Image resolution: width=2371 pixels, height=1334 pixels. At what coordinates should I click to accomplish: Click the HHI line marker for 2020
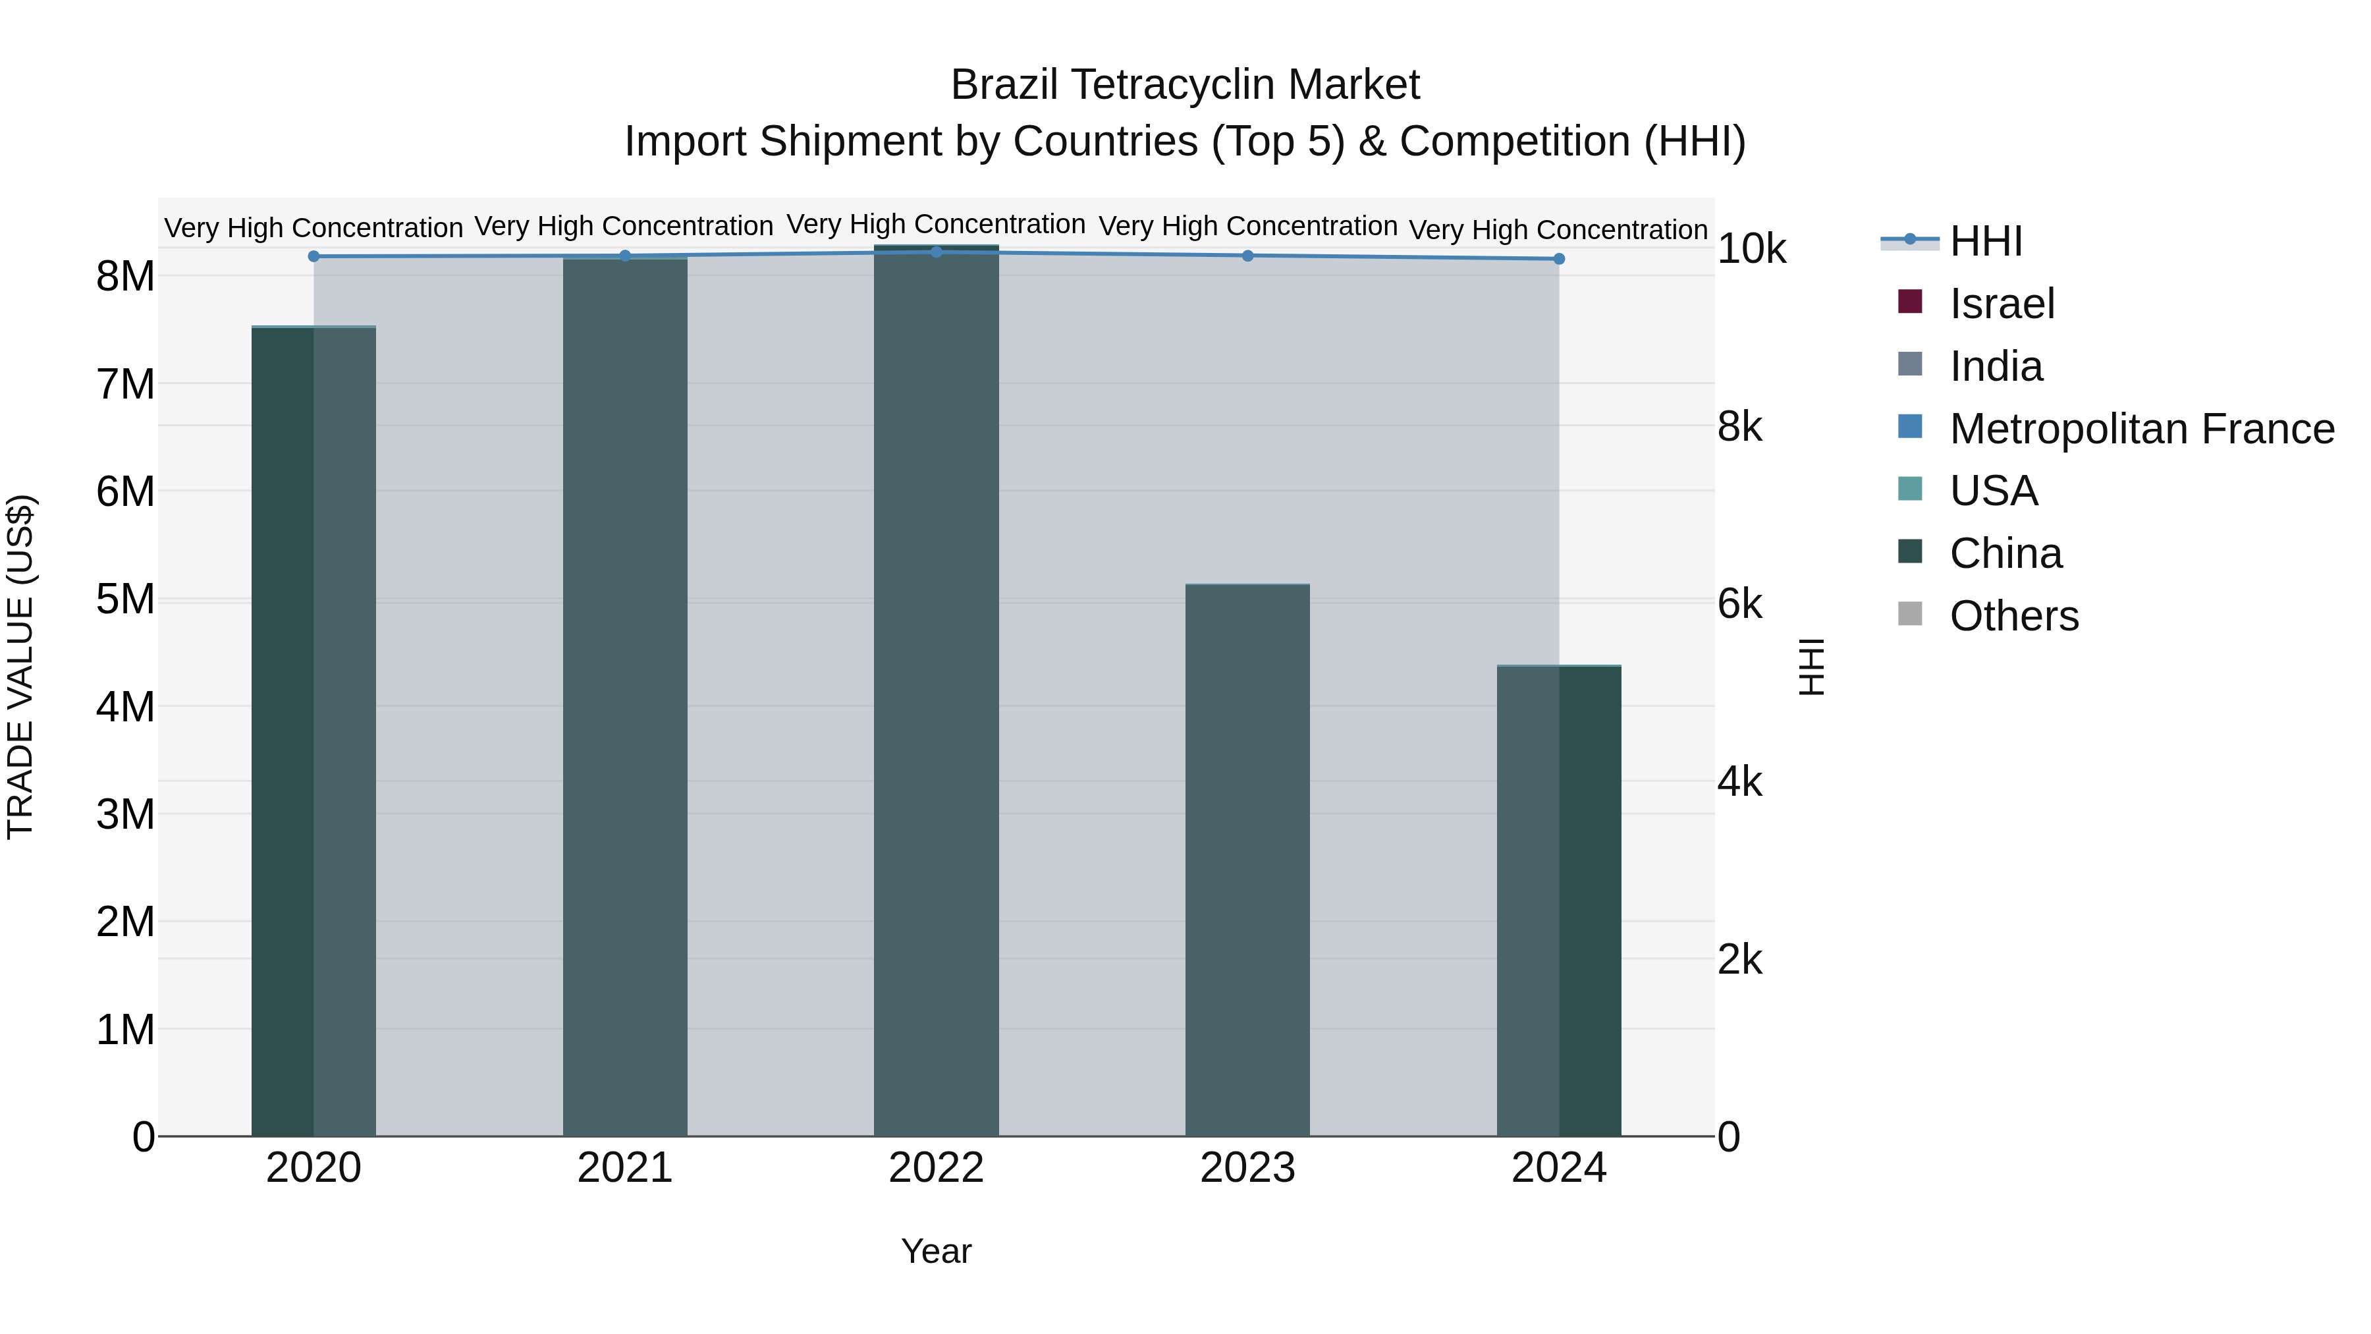(314, 257)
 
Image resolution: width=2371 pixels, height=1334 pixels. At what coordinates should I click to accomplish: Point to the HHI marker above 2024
(1559, 260)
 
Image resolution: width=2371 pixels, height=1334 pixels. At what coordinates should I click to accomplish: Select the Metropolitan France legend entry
(2141, 429)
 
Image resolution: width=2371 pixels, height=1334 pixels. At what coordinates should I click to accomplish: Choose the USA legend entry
(1993, 491)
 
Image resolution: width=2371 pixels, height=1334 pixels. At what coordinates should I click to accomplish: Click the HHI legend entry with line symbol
(1985, 241)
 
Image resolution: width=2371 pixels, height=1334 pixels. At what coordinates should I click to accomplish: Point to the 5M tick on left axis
(126, 599)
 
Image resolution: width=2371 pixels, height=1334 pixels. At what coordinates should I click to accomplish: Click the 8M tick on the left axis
(126, 276)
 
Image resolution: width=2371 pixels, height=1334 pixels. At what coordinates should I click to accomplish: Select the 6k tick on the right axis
(1739, 605)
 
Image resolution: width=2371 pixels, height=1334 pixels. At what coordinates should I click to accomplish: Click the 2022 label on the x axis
(936, 1168)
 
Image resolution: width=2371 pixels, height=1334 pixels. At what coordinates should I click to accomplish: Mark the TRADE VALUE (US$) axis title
(20, 667)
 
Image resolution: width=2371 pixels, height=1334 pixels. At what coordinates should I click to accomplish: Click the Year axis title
(936, 1251)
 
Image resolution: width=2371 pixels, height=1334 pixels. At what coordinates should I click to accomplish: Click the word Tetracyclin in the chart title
(1176, 85)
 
